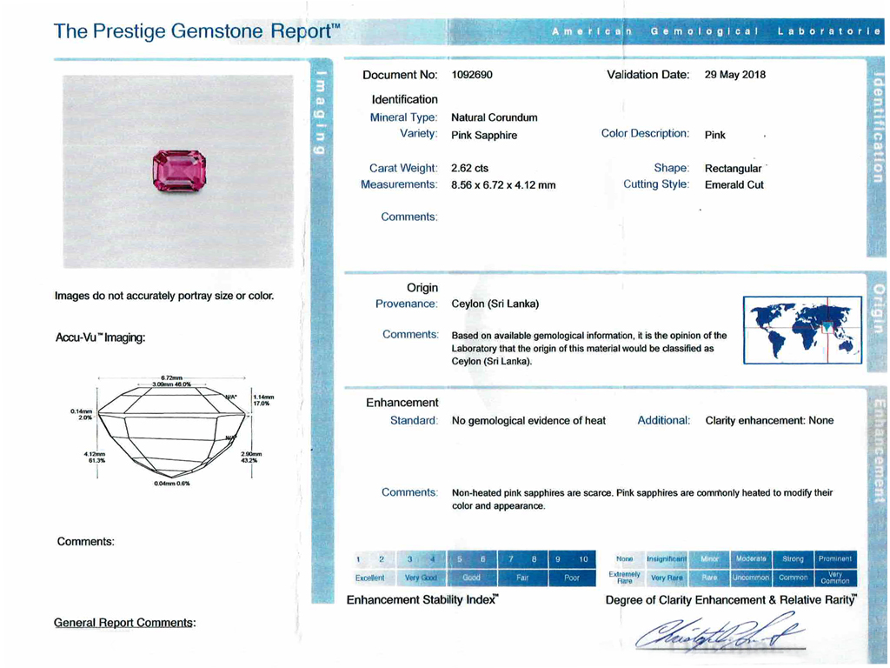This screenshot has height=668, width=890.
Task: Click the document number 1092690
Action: click(472, 75)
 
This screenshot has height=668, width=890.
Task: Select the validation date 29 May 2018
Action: click(734, 75)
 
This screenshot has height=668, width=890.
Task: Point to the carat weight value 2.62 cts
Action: click(469, 168)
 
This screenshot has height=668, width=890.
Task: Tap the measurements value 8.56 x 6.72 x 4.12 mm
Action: click(503, 185)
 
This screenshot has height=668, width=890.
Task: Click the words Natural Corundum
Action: click(494, 117)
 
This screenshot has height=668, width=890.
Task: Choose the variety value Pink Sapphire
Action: click(484, 136)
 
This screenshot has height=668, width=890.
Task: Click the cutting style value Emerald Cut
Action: click(734, 185)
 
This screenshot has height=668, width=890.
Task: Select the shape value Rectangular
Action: click(733, 168)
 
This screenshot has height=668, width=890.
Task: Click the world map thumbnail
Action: click(802, 330)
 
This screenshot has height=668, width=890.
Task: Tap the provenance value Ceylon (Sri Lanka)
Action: click(495, 304)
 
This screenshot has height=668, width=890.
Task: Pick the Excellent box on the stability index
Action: click(369, 578)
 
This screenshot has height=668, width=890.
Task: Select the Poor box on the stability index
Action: click(571, 578)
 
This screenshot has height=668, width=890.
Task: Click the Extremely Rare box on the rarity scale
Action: click(624, 578)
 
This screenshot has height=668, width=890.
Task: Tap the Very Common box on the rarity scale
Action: click(835, 578)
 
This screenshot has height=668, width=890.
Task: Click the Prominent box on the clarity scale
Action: click(835, 558)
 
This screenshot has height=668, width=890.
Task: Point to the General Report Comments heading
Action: click(124, 623)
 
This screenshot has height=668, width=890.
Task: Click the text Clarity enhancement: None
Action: click(769, 421)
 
